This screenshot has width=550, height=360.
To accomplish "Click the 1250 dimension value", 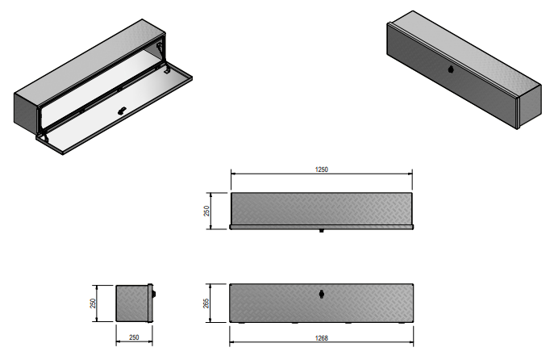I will pyautogui.click(x=320, y=170).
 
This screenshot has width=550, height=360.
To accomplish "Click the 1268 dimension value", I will pyautogui.click(x=320, y=339).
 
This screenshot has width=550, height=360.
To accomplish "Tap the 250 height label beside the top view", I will pyautogui.click(x=207, y=211).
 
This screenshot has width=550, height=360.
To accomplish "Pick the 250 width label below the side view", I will pyautogui.click(x=134, y=337).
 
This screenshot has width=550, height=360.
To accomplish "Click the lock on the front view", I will pyautogui.click(x=321, y=294).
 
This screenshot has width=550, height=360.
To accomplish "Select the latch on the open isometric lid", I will pyautogui.click(x=121, y=111).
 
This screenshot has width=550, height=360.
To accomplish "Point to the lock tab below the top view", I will pyautogui.click(x=321, y=232).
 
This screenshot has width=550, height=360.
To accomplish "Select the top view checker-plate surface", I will pyautogui.click(x=321, y=209).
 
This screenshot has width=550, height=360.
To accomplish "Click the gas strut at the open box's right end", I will pyautogui.click(x=166, y=65).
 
